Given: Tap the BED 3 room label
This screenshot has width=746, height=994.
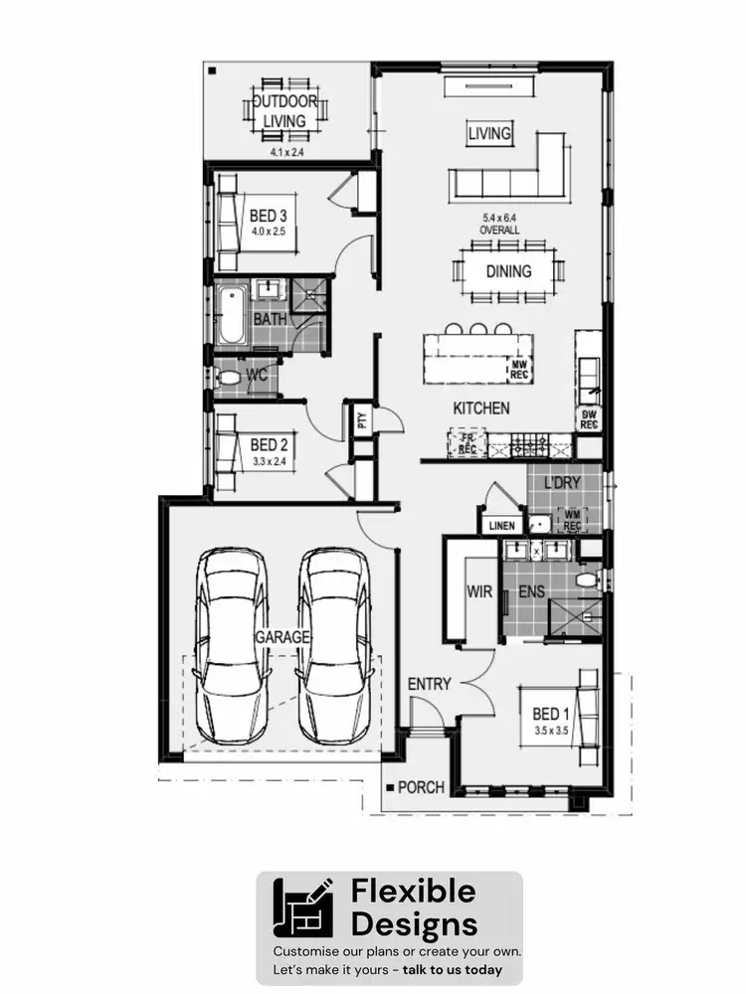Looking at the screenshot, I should coord(268,216).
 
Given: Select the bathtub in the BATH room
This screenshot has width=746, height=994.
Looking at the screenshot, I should coord(231,315).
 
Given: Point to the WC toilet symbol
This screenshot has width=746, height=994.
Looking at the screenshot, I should coord(228,378).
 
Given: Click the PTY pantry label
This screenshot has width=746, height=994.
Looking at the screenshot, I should coord(360,418).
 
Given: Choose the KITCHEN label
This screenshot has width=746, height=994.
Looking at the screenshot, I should coord(481,408).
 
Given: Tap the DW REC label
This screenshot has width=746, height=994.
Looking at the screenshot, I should coord(589,418).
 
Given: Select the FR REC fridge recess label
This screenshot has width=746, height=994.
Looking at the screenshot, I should coord(467,443).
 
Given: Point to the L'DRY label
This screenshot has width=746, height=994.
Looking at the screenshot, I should coord(561,482).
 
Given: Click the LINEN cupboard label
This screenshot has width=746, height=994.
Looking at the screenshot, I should coord(501,525).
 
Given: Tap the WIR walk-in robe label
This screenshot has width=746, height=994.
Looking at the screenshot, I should coord(480,591).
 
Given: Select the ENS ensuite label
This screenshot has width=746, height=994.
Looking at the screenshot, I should coord(531,591).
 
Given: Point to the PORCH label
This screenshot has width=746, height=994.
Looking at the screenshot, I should coord(421,787).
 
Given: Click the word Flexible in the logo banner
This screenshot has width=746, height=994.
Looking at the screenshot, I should coord(413,892).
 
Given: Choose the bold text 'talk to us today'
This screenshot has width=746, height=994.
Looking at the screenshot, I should coord(453,969).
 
